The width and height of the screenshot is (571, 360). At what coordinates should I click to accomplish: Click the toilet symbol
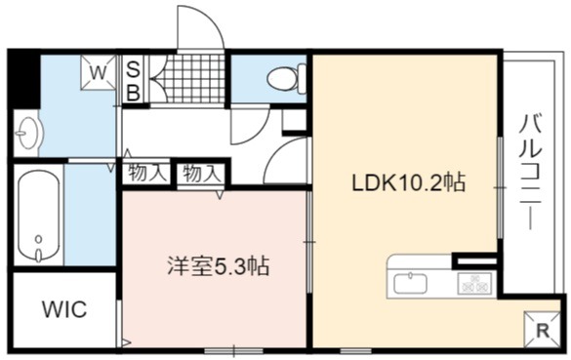click(x=287, y=78)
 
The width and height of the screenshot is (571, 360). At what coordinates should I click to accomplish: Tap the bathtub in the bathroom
click(x=39, y=215)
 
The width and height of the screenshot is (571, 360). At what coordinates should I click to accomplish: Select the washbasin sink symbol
click(x=26, y=134)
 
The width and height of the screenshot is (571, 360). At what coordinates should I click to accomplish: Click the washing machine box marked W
click(x=98, y=72)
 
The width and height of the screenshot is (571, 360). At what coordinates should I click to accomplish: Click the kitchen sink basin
click(x=410, y=283)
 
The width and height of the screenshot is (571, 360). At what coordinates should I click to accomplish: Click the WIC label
click(x=64, y=310)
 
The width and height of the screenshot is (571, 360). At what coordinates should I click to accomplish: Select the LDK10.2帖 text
click(x=408, y=183)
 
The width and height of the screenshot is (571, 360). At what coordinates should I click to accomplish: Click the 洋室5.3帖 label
click(x=218, y=266)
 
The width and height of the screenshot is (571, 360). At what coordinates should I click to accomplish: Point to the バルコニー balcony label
click(x=531, y=172)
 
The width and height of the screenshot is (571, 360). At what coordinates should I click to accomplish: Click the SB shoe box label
click(x=134, y=81)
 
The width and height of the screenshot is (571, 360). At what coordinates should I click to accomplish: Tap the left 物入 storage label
click(x=144, y=174)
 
